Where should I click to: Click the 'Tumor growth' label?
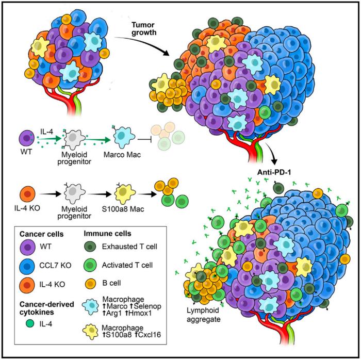point(144,29)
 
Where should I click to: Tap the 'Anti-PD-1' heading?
point(274,172)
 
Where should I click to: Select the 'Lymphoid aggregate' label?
point(203,315)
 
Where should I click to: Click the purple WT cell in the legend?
point(27,247)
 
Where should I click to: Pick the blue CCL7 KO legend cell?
point(27,266)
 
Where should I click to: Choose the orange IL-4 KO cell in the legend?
point(27,285)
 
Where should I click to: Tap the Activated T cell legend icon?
point(90,265)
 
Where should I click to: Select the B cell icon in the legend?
point(90,283)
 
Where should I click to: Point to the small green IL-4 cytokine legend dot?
point(30,323)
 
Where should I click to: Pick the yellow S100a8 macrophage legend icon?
point(91,332)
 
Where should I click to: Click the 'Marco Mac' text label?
point(122,154)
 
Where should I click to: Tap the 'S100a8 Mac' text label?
point(123,209)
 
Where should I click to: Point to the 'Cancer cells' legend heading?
point(41,234)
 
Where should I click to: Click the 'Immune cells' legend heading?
point(107,234)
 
